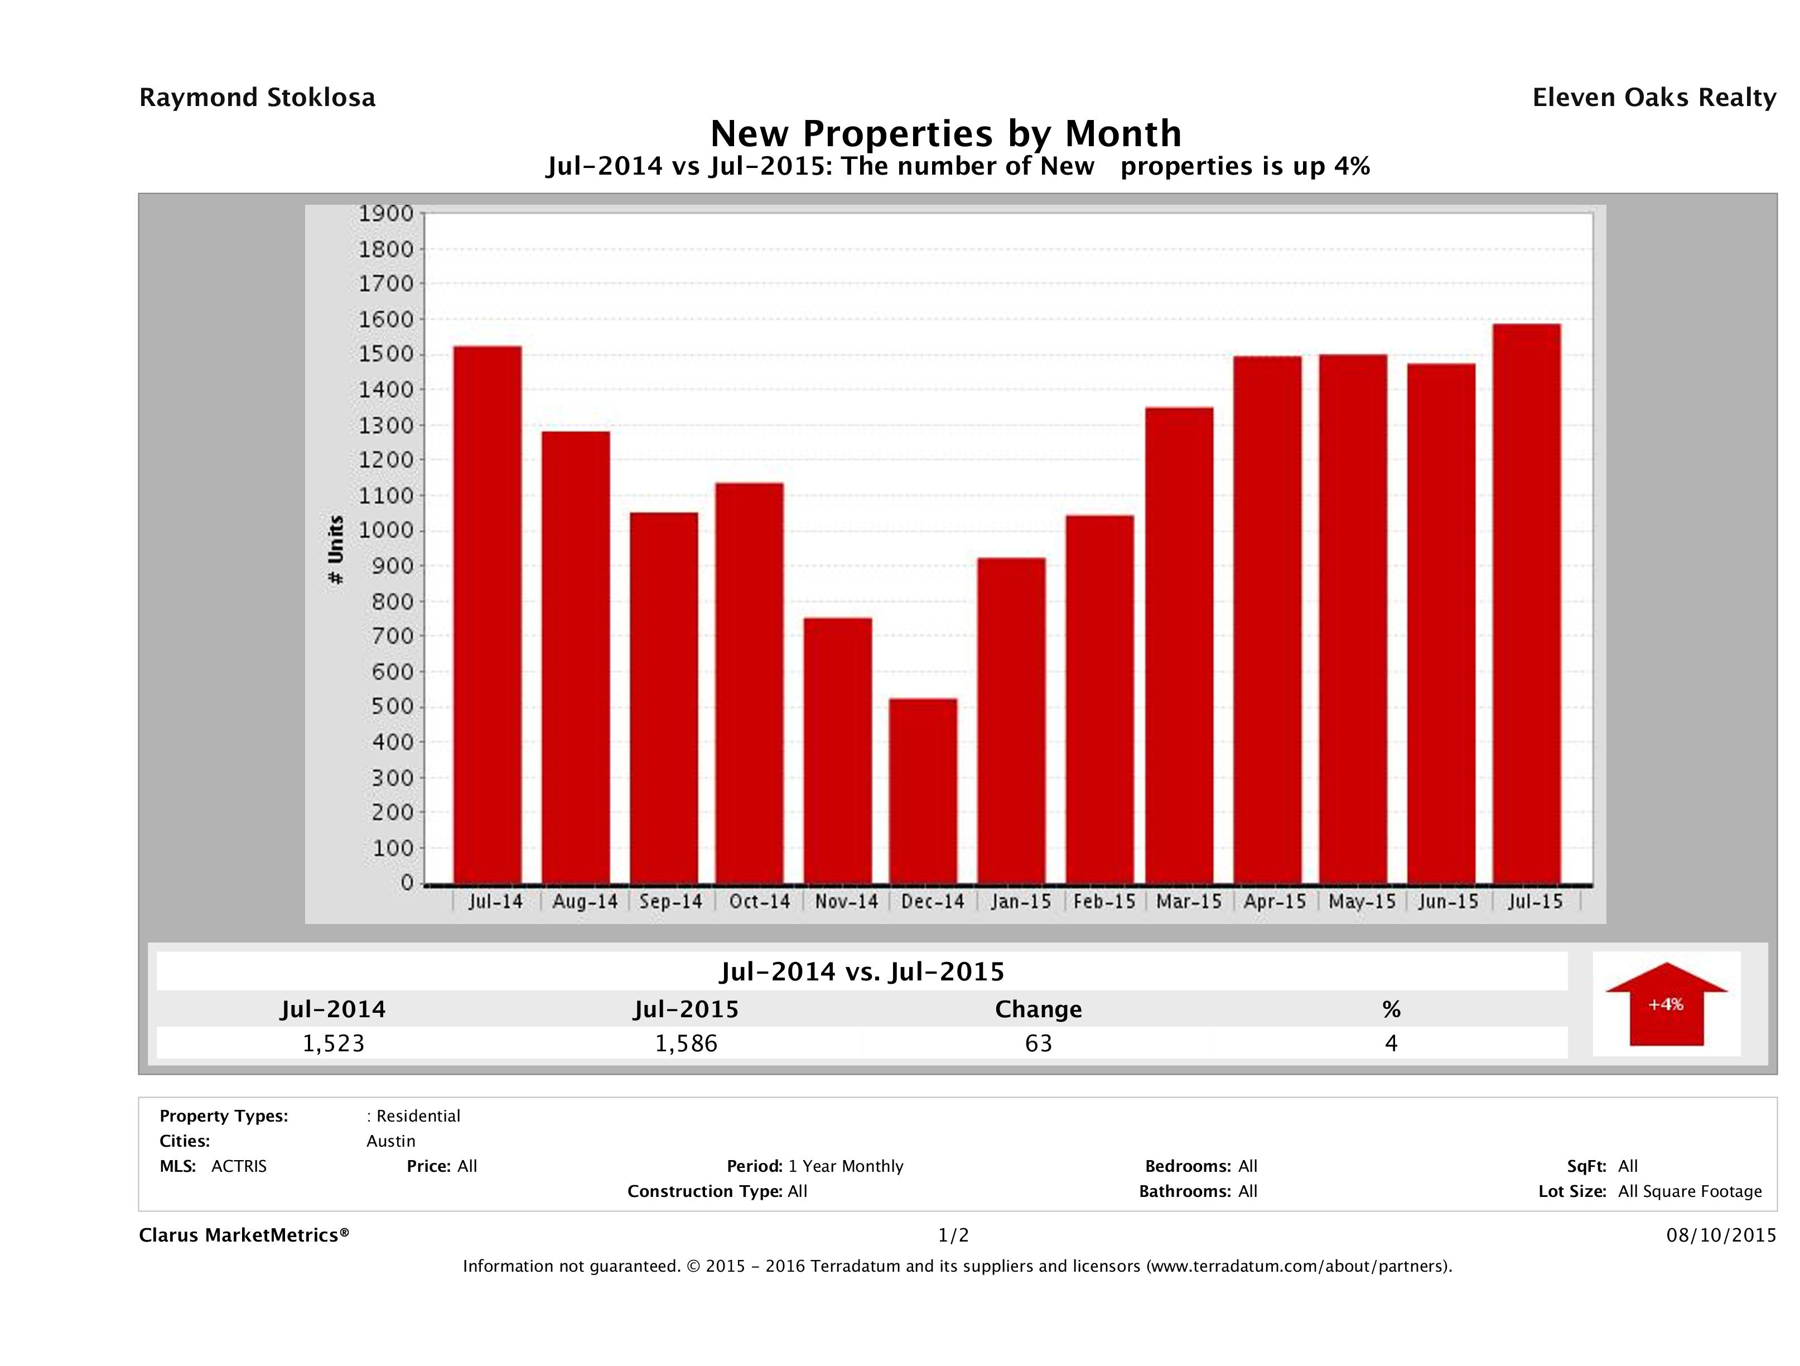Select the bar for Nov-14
click(837, 750)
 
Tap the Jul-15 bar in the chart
click(1527, 603)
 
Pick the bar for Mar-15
click(1179, 644)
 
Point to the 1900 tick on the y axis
click(387, 214)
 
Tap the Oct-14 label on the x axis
click(759, 902)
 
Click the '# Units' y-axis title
click(335, 550)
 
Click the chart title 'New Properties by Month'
click(945, 133)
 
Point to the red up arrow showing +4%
click(1666, 1004)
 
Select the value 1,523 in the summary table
click(334, 1043)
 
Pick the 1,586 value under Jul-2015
click(686, 1043)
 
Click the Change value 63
click(1039, 1043)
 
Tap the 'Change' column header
click(1039, 1009)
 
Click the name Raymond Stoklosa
click(257, 98)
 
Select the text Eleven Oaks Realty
click(1653, 98)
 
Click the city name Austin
click(390, 1141)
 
